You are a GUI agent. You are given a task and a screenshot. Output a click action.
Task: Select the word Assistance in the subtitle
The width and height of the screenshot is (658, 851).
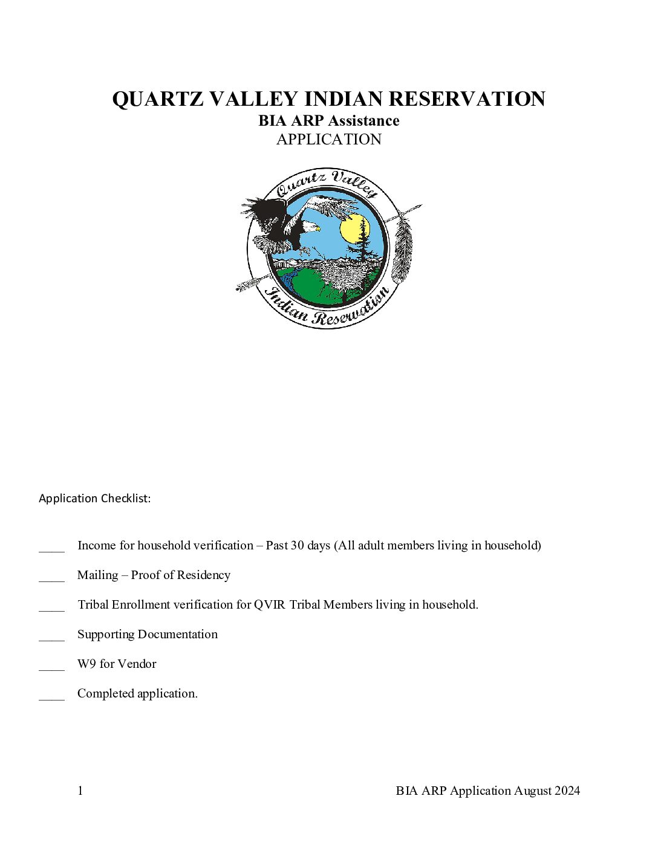[x=364, y=121]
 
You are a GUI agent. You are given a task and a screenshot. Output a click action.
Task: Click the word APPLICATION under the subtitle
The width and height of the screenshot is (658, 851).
[x=329, y=140]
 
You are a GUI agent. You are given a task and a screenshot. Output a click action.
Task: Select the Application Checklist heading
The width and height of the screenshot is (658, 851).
[x=95, y=499]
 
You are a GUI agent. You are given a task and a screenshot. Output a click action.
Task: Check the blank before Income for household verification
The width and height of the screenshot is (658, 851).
[x=51, y=548]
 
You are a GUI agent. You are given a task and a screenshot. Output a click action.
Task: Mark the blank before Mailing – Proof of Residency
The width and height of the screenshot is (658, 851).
[x=51, y=577]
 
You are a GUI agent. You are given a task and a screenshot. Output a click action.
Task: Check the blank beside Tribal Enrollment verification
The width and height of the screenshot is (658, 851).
[x=51, y=607]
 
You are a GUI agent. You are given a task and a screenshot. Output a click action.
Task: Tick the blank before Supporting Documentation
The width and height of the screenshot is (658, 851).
[x=51, y=636]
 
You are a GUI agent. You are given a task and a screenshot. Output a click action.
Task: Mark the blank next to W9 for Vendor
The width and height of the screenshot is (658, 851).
[x=51, y=666]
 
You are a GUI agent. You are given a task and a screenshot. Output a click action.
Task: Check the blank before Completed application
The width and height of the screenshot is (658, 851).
[x=51, y=696]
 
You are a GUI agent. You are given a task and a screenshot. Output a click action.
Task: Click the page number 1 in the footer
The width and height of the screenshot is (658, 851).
[x=80, y=791]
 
